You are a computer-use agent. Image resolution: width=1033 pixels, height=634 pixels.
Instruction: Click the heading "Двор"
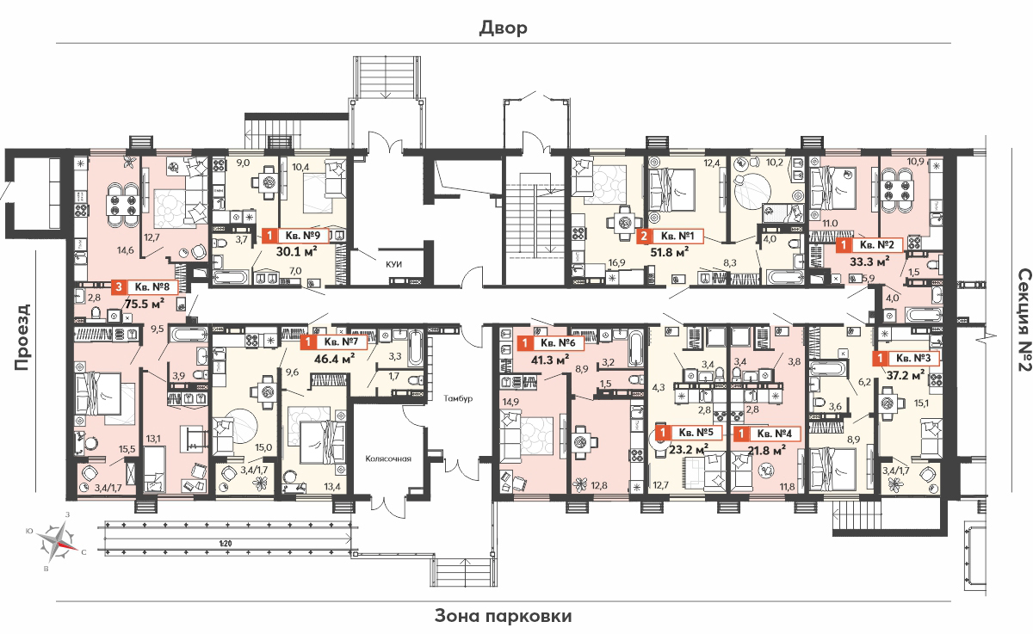click(x=503, y=28)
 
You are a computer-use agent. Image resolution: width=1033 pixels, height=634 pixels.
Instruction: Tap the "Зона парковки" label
click(x=503, y=616)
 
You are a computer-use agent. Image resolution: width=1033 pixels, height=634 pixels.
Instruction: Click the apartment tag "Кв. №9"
click(x=302, y=236)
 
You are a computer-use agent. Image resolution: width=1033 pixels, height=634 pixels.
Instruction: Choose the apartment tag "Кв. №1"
click(x=677, y=237)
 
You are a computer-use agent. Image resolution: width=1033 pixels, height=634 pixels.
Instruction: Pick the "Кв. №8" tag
click(x=152, y=287)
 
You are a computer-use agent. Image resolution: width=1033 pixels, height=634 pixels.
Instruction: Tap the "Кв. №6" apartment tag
click(x=558, y=342)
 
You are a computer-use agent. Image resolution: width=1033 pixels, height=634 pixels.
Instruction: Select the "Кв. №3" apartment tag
click(x=913, y=358)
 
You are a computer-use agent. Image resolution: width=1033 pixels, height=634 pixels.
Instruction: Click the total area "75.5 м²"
click(x=145, y=305)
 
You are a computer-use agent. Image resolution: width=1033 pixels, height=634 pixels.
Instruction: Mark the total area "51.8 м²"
click(x=670, y=252)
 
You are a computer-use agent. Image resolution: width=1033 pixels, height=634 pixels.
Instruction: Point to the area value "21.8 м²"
click(x=767, y=450)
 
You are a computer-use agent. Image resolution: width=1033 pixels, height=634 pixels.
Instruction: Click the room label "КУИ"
click(x=394, y=264)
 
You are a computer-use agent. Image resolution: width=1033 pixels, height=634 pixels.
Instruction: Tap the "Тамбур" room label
click(x=458, y=398)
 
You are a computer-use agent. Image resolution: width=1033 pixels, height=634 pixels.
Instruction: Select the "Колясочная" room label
click(x=388, y=459)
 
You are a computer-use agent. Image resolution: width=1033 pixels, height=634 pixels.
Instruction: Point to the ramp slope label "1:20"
click(x=226, y=544)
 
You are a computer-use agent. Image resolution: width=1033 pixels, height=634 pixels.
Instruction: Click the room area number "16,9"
click(x=616, y=262)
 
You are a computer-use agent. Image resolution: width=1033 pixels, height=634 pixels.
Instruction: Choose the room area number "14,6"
click(x=126, y=250)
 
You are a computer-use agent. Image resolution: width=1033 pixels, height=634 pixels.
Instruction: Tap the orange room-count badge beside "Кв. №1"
click(x=644, y=237)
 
